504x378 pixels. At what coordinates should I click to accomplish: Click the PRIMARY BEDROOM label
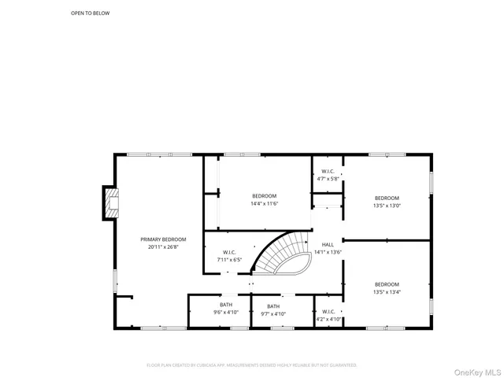(164, 239)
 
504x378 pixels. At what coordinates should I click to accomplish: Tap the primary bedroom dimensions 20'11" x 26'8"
(164, 246)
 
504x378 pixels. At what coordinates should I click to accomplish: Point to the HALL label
(328, 245)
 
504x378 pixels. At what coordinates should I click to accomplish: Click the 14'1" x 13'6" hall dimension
(328, 252)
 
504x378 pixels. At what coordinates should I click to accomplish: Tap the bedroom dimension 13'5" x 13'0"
(387, 206)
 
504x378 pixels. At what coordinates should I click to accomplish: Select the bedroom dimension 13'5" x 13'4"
(387, 291)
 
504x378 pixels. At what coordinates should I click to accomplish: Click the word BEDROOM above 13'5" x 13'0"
(387, 198)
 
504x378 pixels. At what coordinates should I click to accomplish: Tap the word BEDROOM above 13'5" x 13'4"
(387, 283)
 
